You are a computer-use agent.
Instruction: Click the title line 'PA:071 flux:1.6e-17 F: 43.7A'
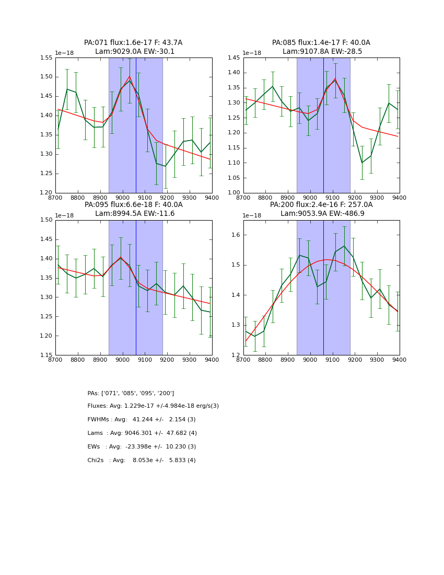tap(133, 43)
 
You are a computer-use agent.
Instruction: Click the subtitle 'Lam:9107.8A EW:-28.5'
tap(322, 52)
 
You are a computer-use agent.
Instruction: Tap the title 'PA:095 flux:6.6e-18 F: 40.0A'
tap(133, 205)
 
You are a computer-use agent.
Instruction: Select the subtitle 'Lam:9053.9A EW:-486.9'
tap(322, 214)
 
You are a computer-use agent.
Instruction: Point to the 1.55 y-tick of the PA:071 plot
tap(46, 57)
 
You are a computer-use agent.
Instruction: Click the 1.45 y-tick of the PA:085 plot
tap(235, 57)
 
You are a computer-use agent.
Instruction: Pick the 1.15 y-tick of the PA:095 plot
tap(46, 355)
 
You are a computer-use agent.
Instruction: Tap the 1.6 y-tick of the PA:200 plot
tap(237, 235)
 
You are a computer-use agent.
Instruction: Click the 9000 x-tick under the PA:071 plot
tap(122, 197)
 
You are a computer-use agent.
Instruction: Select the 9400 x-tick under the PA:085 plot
tap(400, 197)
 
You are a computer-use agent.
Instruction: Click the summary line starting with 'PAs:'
tap(131, 393)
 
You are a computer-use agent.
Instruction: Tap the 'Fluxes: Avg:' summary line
tap(153, 406)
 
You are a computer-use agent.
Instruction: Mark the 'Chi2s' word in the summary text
tap(96, 461)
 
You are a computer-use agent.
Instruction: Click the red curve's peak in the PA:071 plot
tap(129, 76)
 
